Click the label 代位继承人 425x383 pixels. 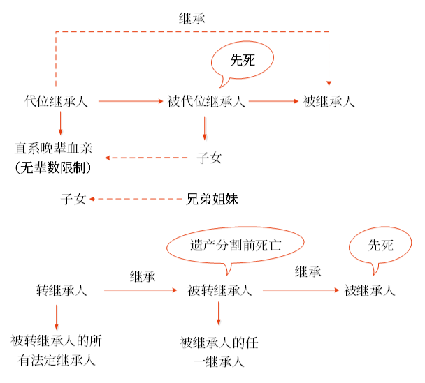[x=56, y=101]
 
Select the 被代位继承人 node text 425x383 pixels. [x=206, y=101]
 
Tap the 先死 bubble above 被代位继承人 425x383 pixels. [x=243, y=60]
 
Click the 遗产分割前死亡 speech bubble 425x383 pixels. [x=236, y=246]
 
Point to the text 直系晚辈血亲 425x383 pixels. [x=53, y=148]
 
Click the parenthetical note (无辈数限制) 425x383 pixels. [x=53, y=167]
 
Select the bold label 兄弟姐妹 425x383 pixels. [x=212, y=199]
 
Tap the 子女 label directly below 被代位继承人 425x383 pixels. [x=209, y=158]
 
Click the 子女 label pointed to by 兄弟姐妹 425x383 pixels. [x=73, y=199]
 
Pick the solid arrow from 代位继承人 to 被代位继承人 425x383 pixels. [x=131, y=101]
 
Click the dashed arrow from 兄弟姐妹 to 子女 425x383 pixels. [x=136, y=199]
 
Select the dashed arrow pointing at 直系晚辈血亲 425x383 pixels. [x=146, y=158]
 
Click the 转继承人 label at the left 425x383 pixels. [x=62, y=290]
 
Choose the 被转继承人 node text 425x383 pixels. [x=219, y=290]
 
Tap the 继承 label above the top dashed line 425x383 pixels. [x=192, y=19]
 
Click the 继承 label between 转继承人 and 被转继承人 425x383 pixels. [x=143, y=277]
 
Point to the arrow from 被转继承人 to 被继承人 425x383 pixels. [x=301, y=290]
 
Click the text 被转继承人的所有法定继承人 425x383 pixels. [x=57, y=350]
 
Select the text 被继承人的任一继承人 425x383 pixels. [x=219, y=352]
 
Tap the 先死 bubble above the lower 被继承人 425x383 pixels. [x=380, y=245]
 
